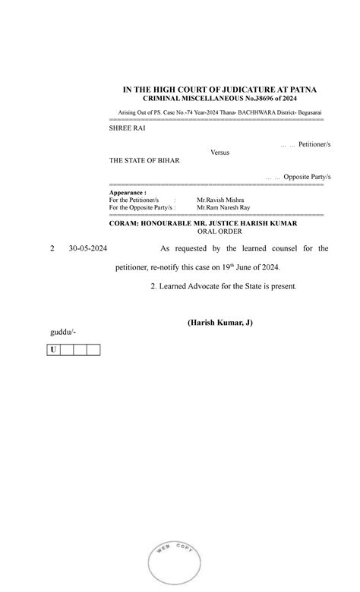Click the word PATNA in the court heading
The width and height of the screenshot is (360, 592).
pos(302,90)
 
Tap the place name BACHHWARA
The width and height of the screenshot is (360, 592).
pos(242,113)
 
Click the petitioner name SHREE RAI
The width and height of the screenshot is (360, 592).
pos(128,128)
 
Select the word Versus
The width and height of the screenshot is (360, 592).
pos(219,153)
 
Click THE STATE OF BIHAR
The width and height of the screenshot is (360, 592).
pos(145,161)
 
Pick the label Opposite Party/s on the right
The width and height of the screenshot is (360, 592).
pos(308,176)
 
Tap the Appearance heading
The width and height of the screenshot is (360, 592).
pos(128,194)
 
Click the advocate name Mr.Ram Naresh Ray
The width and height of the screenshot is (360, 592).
pos(223,207)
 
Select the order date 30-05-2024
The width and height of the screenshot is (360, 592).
pos(88,248)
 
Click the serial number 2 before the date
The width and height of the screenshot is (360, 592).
pos(52,248)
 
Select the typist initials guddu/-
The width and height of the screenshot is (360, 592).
pos(62,332)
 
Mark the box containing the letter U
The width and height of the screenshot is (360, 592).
pos(53,350)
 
